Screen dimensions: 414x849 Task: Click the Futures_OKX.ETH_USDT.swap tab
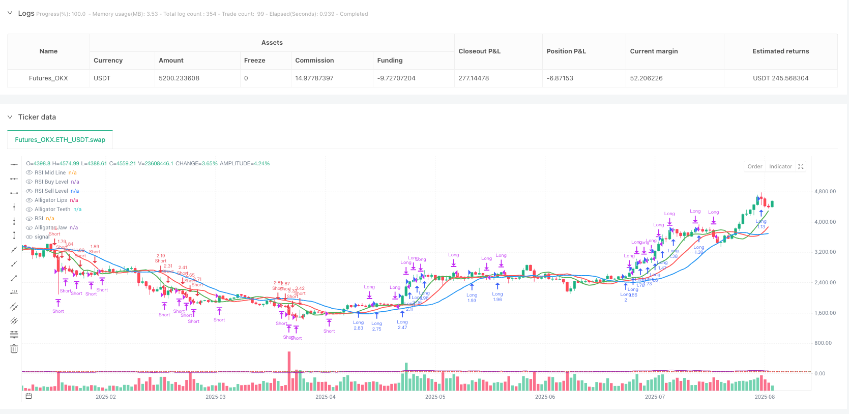(60, 140)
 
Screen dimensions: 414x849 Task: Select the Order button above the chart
(755, 167)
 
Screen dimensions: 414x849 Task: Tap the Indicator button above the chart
(780, 167)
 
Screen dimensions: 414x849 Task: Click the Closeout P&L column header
(479, 51)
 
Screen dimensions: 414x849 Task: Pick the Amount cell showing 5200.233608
(179, 78)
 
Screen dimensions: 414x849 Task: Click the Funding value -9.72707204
(396, 78)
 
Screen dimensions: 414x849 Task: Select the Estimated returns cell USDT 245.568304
(780, 78)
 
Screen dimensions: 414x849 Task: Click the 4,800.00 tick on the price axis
(825, 192)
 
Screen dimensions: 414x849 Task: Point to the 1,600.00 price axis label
(825, 313)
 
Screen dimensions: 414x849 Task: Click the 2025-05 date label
(435, 397)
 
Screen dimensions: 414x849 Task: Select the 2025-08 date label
(765, 397)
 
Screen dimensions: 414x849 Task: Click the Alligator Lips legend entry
(51, 200)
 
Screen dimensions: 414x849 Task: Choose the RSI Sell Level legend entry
(51, 191)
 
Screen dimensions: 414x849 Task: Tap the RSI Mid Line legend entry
(50, 173)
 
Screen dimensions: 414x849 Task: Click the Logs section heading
(26, 13)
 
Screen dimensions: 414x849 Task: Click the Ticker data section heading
(37, 117)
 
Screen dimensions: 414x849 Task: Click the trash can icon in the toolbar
(14, 349)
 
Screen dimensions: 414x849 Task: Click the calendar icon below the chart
(28, 396)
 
